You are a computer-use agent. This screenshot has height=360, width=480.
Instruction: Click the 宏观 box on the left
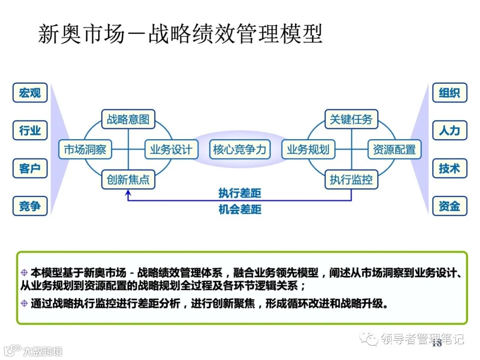click(30, 93)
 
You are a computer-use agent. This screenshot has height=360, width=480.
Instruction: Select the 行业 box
click(30, 131)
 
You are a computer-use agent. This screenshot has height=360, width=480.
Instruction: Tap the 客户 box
click(30, 168)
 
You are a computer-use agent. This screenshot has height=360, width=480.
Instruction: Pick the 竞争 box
click(30, 206)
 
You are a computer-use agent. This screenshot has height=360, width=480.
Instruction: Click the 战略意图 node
click(128, 119)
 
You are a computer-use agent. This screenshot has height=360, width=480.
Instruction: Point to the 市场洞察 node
click(85, 150)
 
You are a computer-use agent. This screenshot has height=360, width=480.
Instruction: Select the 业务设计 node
click(171, 150)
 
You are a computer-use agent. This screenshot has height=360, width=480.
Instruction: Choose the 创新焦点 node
click(128, 180)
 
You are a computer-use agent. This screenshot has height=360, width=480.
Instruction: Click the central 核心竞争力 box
click(240, 150)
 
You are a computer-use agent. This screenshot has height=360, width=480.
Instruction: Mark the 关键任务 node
click(351, 119)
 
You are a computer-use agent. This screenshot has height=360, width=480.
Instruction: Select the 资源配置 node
click(394, 150)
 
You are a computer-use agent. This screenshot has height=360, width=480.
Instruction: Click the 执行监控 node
click(351, 180)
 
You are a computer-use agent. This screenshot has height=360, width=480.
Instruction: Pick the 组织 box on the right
click(449, 93)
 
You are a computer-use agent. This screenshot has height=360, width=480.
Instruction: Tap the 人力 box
click(449, 131)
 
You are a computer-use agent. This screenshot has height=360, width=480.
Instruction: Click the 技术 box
click(449, 168)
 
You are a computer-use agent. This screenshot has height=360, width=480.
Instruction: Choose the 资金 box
click(449, 206)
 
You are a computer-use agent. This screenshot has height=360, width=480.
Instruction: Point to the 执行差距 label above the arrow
click(240, 193)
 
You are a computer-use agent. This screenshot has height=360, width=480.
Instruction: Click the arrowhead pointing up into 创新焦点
click(128, 193)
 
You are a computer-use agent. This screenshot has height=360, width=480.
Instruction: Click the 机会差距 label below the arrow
click(240, 209)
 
